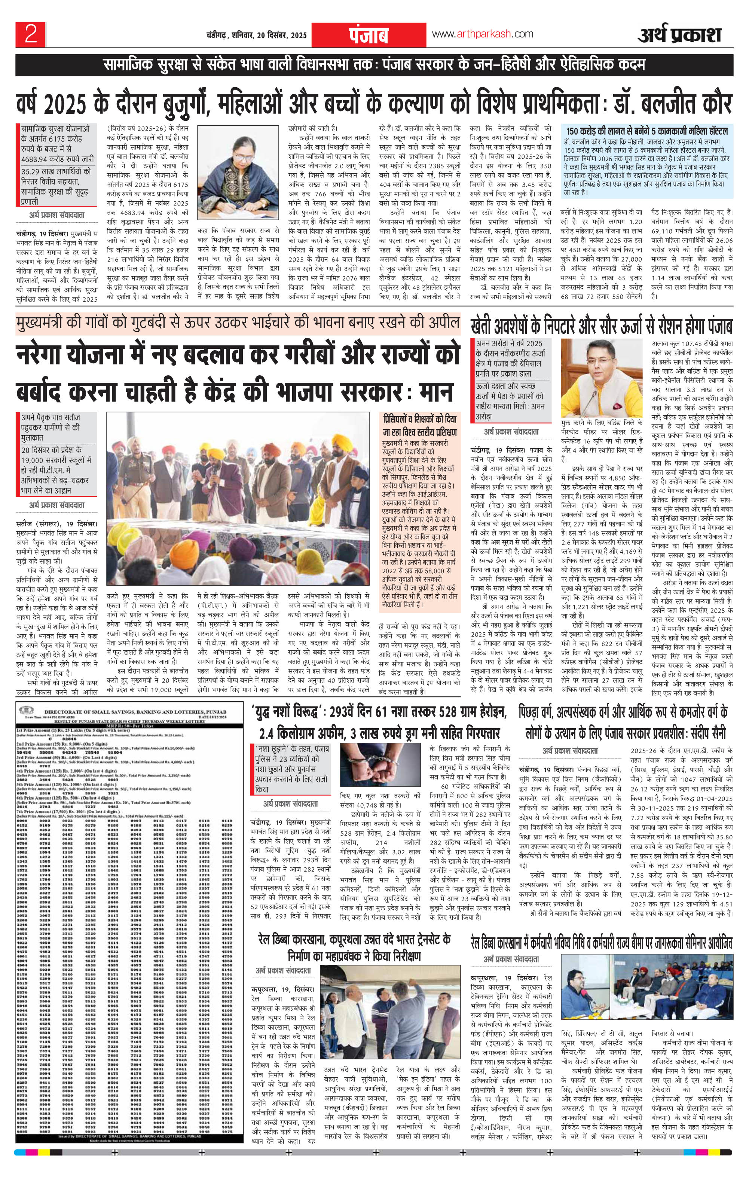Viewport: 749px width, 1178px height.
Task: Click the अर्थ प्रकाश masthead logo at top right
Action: (679, 35)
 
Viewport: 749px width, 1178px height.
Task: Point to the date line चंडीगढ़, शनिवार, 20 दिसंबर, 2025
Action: (256, 35)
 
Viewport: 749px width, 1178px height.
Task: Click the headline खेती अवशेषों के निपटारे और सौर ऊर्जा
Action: (601, 326)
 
